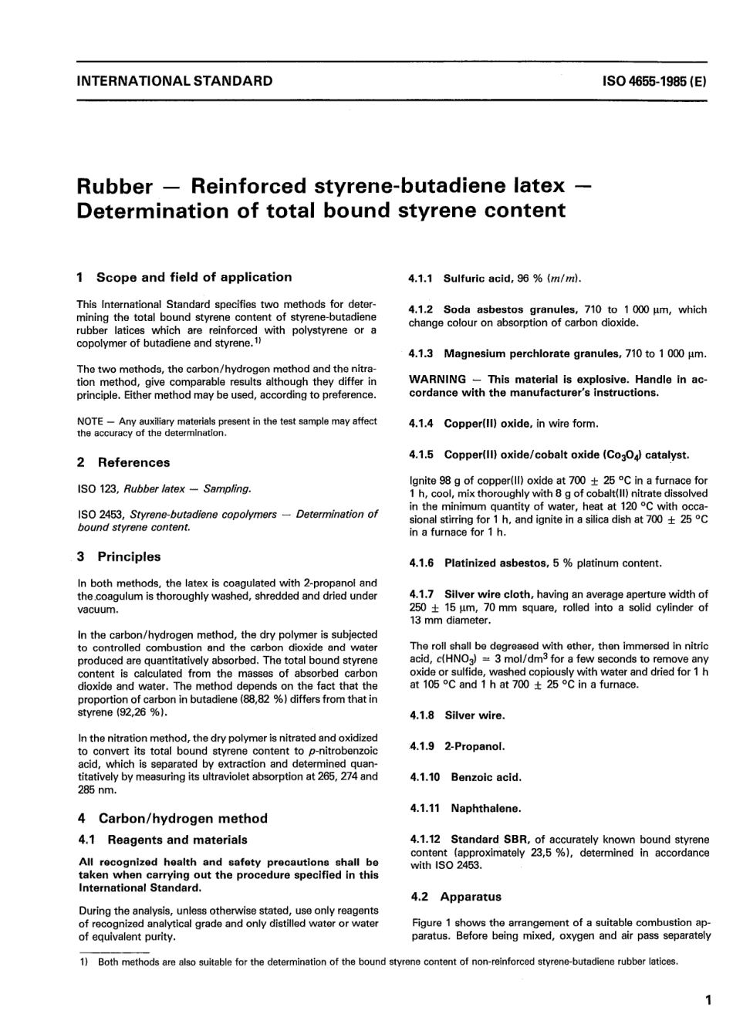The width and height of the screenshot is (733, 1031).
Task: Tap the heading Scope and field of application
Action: [194, 277]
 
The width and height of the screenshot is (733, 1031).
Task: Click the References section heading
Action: [133, 462]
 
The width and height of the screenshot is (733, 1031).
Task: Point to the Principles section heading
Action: [129, 556]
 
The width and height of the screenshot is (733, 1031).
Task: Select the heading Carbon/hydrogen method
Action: [183, 818]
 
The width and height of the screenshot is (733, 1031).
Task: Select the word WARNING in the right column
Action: [437, 380]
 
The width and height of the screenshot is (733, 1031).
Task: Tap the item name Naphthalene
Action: [485, 809]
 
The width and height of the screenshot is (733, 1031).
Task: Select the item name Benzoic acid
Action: [486, 777]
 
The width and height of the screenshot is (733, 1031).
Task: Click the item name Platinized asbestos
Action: [495, 563]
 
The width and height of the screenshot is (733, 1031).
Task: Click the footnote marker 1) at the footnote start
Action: [83, 962]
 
